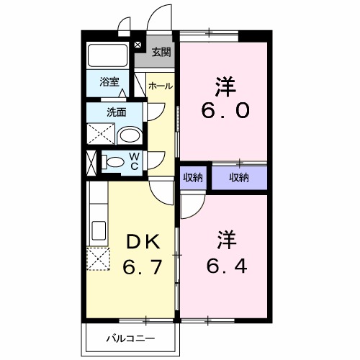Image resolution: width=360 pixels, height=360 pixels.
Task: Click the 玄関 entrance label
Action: [161, 52]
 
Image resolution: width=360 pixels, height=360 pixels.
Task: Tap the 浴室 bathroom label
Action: [109, 81]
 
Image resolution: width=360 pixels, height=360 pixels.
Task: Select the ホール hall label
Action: [160, 86]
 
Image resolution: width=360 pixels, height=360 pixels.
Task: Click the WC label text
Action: [134, 162]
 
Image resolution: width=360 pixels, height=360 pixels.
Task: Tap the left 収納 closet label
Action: [192, 177]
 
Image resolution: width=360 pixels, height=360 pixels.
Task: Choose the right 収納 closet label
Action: [239, 177]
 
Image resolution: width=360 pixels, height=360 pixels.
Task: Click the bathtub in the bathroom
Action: [108, 56]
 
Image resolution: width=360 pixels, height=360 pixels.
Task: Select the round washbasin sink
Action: [129, 135]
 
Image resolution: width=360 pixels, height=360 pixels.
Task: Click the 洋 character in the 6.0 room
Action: [223, 85]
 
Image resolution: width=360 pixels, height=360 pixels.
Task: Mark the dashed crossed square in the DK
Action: [97, 258]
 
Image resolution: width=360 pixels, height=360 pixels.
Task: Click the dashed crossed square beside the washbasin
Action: [99, 135]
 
